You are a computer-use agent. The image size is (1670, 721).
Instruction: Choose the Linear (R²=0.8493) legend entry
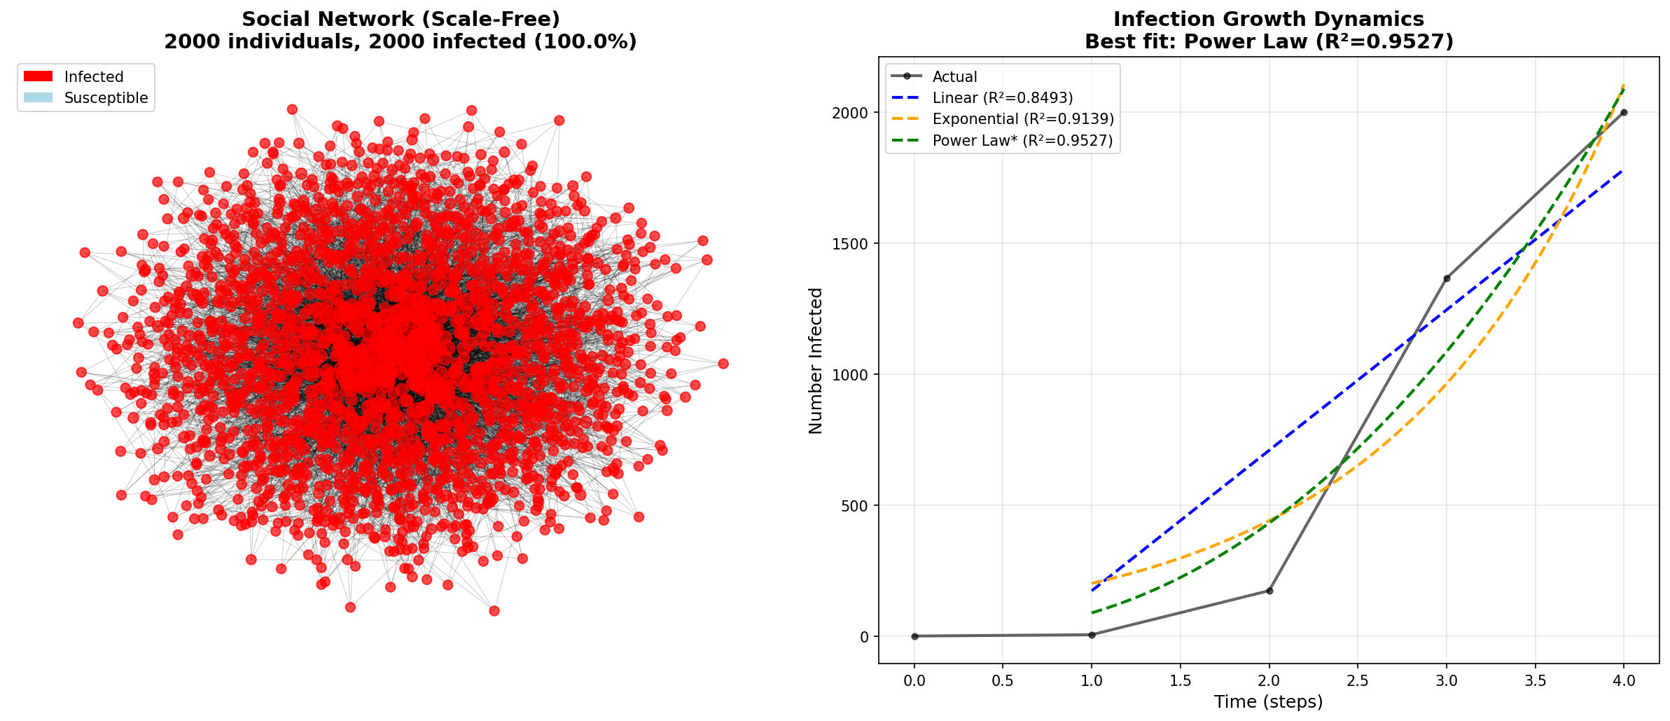click(x=1002, y=98)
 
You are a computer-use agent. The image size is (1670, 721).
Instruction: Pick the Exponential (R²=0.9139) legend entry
click(x=1022, y=119)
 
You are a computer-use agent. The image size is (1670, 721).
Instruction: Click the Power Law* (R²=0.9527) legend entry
click(x=1022, y=141)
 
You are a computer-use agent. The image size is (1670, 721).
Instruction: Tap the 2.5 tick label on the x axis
click(x=1357, y=680)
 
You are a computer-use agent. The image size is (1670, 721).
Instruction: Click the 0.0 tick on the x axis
click(x=914, y=680)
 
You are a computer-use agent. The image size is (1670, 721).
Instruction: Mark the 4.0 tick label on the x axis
click(x=1624, y=680)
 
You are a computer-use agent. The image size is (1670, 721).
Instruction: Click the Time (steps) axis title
click(x=1268, y=702)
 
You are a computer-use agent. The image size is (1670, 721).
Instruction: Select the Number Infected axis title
click(x=816, y=361)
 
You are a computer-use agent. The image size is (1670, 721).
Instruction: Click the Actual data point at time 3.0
click(x=1447, y=278)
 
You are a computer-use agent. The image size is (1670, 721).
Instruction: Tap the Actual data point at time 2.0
click(x=1269, y=591)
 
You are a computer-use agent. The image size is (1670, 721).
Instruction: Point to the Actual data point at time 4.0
click(x=1624, y=112)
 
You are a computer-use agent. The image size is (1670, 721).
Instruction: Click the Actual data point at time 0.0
click(x=914, y=636)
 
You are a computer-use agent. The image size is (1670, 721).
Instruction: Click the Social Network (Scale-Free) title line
click(x=401, y=20)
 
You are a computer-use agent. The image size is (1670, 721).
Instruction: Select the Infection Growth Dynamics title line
click(x=1269, y=20)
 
